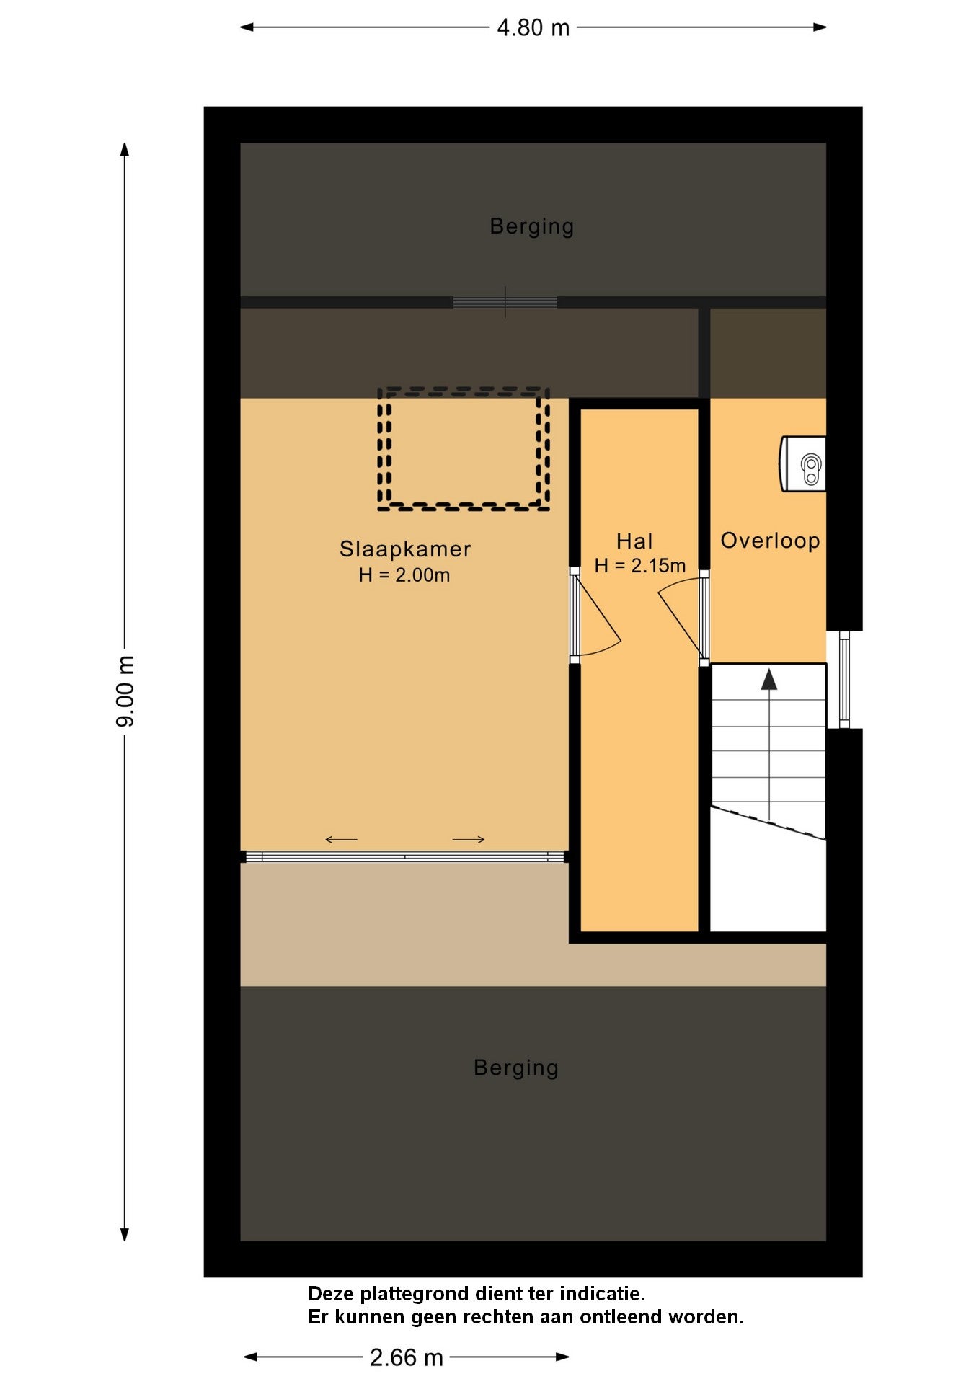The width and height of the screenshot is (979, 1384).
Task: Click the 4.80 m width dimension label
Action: point(533,28)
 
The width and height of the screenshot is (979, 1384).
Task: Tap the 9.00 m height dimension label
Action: point(125,691)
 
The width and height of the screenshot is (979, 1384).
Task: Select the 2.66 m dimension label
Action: point(406,1358)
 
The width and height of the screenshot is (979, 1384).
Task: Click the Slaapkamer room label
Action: point(405,549)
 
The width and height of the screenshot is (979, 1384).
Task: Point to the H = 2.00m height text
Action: point(404,575)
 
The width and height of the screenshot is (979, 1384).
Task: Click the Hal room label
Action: point(634,541)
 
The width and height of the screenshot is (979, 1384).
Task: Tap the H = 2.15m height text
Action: point(639,566)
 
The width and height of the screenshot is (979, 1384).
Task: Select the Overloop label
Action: point(770,541)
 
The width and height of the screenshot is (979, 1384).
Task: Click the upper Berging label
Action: point(532,226)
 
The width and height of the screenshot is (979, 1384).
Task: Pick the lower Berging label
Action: point(516,1068)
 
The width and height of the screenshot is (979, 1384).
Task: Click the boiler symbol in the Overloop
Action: point(802,463)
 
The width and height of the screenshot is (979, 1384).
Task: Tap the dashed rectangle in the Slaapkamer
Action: point(379,448)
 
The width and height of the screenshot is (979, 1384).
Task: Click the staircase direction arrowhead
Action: point(769,679)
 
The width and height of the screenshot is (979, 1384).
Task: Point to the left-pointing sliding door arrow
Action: point(341,839)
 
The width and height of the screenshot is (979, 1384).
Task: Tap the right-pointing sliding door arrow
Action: point(469,839)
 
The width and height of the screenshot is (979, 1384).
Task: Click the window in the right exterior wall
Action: point(844,680)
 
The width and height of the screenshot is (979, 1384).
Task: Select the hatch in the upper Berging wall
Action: point(505,302)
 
